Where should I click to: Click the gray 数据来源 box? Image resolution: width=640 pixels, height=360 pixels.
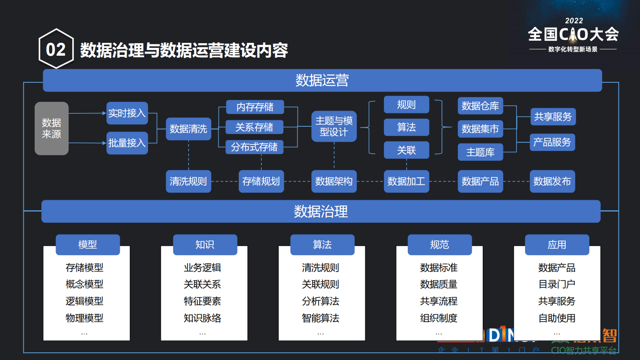click(52, 128)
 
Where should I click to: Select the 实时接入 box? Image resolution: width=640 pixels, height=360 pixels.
click(127, 113)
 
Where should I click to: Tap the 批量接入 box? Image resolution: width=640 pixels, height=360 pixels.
click(127, 143)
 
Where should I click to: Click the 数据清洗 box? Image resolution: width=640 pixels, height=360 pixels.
click(188, 129)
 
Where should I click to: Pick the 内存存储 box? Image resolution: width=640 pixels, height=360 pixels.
click(255, 107)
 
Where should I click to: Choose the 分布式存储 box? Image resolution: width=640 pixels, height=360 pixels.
click(254, 147)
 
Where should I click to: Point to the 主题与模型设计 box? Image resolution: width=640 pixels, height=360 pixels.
click(334, 126)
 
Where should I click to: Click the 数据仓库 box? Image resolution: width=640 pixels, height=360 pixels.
click(480, 106)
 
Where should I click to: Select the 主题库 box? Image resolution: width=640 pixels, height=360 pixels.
click(480, 152)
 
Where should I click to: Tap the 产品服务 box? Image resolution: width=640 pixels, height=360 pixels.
click(552, 142)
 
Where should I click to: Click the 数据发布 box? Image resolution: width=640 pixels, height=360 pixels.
click(552, 181)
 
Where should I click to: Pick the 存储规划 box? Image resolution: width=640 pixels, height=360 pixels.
click(261, 181)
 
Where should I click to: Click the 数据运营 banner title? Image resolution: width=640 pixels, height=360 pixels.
click(322, 80)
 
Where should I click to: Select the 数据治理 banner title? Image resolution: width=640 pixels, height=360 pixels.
click(321, 211)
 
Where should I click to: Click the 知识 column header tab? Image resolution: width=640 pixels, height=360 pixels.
click(205, 245)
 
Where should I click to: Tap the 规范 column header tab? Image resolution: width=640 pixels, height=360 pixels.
click(440, 245)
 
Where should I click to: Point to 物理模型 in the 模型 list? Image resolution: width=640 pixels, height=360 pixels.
click(85, 318)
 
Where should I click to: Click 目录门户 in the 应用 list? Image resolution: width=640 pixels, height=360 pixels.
click(557, 284)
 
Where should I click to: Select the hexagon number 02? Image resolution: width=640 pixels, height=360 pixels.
click(56, 50)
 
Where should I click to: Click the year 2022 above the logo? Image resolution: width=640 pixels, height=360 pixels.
click(574, 21)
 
